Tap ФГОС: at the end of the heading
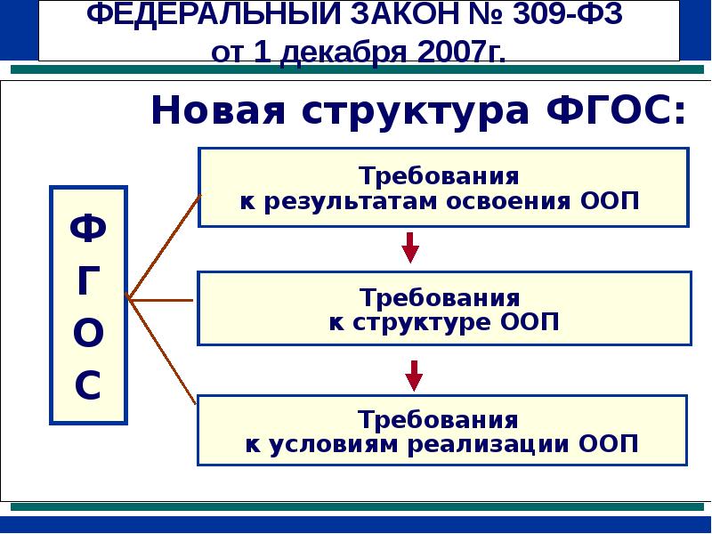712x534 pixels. (x=615, y=112)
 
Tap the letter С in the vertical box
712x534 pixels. (x=88, y=386)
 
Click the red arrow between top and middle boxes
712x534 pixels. (x=410, y=247)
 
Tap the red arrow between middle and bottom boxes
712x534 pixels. (x=412, y=374)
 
